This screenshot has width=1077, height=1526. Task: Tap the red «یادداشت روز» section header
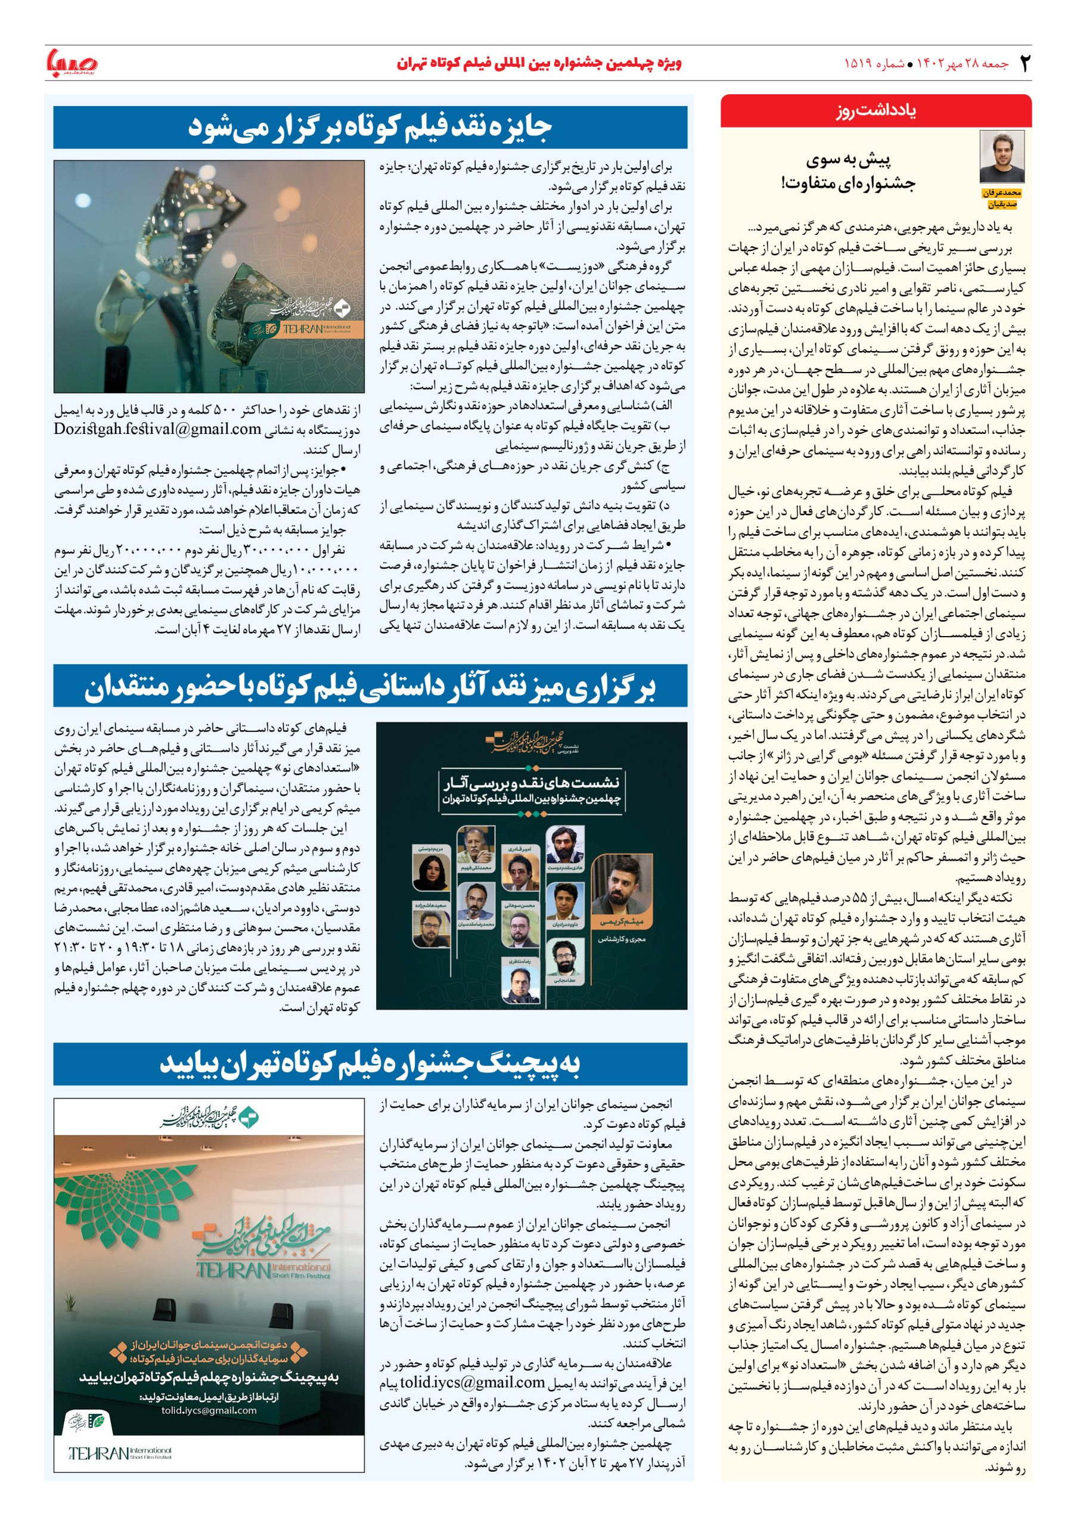[876, 111]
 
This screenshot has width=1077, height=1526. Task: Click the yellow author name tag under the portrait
[1002, 197]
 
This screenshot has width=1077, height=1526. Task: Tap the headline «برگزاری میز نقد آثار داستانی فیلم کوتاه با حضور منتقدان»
[370, 689]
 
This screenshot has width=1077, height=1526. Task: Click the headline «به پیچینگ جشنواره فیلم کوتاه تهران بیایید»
[370, 1065]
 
